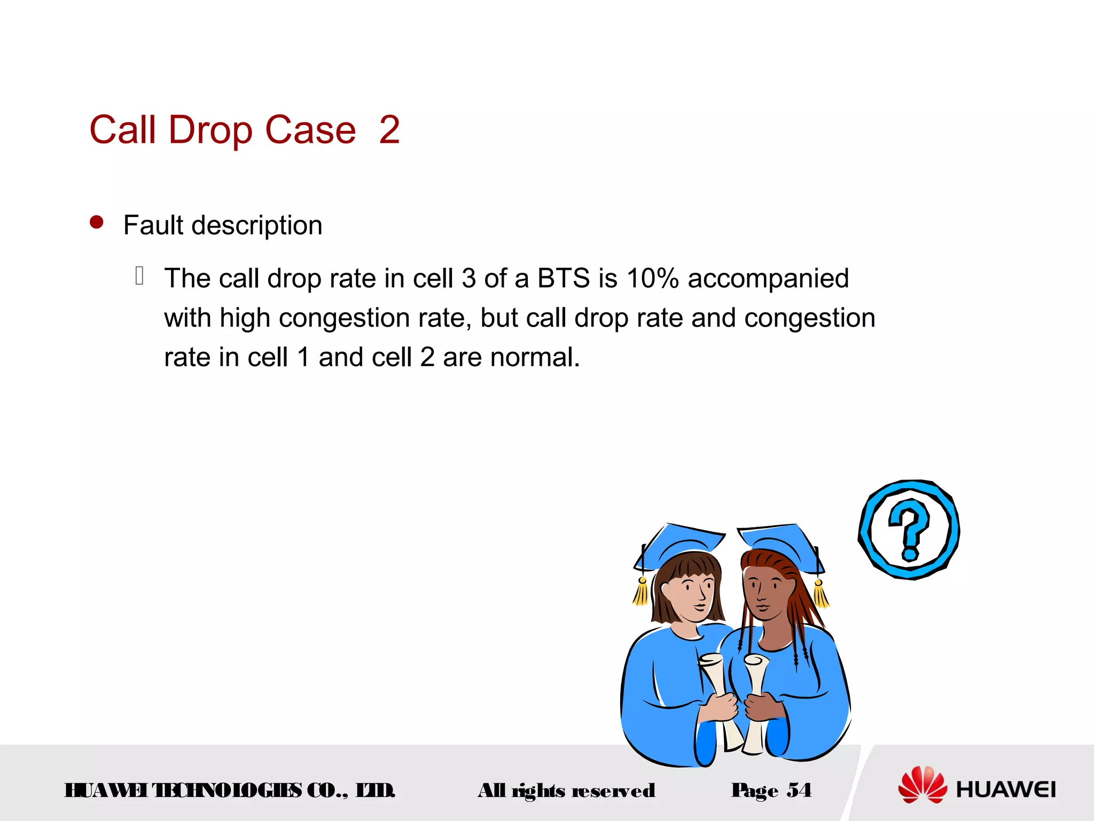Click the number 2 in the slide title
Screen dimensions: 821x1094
pos(389,130)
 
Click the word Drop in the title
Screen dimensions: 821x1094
pos(210,130)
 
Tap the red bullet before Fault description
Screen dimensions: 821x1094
pos(97,222)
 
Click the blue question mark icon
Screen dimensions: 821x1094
pos(909,530)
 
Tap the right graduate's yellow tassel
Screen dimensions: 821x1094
pos(820,594)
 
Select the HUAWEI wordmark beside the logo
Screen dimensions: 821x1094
pos(1005,789)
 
